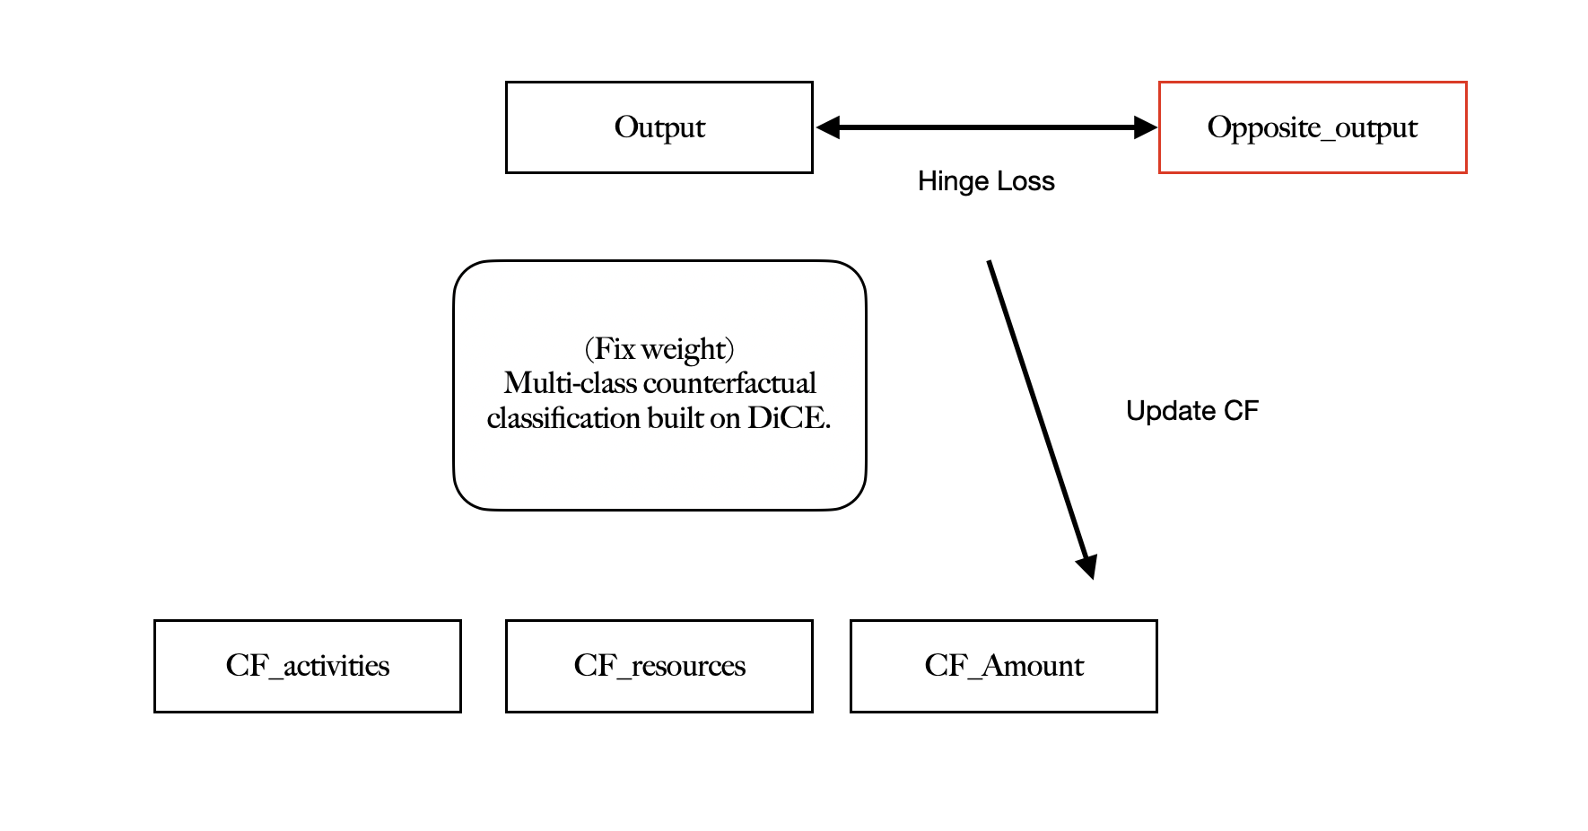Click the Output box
tap(659, 127)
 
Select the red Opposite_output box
tap(1312, 127)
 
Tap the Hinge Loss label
tap(986, 181)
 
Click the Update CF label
tap(1192, 411)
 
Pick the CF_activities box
tap(307, 666)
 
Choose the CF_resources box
tap(659, 666)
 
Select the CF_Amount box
tap(1003, 666)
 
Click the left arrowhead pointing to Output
tap(827, 127)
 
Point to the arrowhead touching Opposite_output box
tap(1146, 127)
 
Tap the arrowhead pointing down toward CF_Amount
tap(1087, 566)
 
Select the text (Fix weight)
tap(659, 348)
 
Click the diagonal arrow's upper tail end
tap(990, 264)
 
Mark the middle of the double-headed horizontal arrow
tap(987, 127)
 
